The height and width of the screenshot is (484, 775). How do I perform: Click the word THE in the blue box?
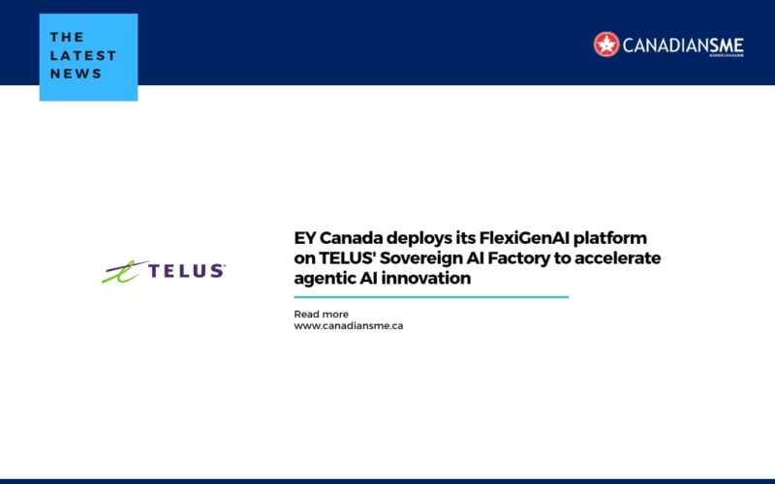pyautogui.click(x=67, y=38)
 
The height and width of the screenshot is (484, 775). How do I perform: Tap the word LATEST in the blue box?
pyautogui.click(x=83, y=55)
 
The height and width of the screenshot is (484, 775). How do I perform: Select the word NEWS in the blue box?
pyautogui.click(x=76, y=74)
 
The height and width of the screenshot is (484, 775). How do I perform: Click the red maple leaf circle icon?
pyautogui.click(x=606, y=45)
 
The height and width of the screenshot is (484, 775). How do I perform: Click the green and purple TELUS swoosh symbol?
pyautogui.click(x=124, y=271)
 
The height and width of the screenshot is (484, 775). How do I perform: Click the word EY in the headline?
pyautogui.click(x=304, y=238)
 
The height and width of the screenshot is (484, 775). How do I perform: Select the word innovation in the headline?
pyautogui.click(x=429, y=279)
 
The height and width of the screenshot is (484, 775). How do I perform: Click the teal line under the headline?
pyautogui.click(x=431, y=297)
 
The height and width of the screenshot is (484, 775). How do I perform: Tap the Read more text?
pyautogui.click(x=321, y=314)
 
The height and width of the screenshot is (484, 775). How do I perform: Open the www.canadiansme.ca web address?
pyautogui.click(x=349, y=326)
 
